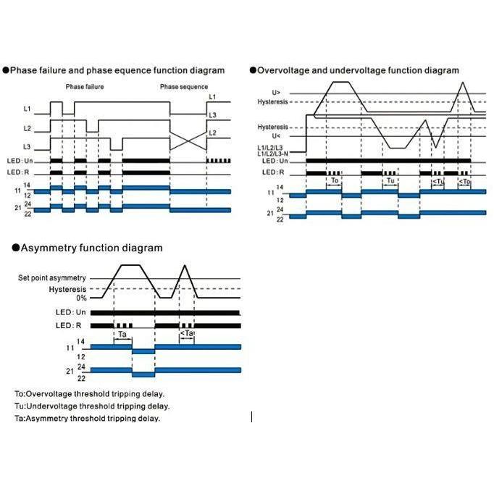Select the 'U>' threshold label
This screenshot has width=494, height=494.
[x=275, y=93]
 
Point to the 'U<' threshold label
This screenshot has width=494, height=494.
[x=275, y=135]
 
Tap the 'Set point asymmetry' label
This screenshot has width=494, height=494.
[x=52, y=278]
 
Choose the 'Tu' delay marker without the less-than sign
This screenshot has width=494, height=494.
[x=390, y=180]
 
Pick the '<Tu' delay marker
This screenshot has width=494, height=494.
[x=438, y=181]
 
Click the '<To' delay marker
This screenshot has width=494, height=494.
[x=465, y=181]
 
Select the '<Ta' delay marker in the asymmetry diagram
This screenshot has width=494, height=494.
[x=186, y=334]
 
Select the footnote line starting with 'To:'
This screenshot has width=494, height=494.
[x=89, y=394]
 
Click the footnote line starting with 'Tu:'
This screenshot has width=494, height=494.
[x=92, y=406]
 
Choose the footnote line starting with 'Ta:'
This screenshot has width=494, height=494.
[x=87, y=418]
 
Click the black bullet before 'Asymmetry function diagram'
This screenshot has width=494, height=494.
[x=15, y=248]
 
